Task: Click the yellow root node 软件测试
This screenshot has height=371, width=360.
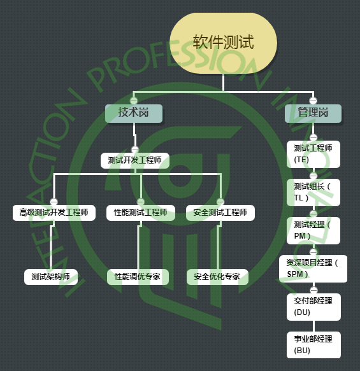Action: (x=224, y=43)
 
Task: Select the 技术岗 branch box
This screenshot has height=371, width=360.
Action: (x=134, y=113)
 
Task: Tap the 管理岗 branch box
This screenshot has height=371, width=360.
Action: (x=313, y=113)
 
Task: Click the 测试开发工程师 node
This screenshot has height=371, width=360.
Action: (x=135, y=160)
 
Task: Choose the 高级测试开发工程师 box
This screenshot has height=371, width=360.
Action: (x=54, y=213)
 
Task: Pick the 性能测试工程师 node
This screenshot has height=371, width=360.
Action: (x=141, y=213)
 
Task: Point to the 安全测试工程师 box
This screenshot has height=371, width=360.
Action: (x=220, y=213)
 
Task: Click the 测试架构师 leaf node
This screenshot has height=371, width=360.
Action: (x=51, y=277)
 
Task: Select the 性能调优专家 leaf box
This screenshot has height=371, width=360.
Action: (x=138, y=277)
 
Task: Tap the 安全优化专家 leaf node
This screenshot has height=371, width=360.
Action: (x=217, y=277)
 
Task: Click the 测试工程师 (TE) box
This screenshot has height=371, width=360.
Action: (x=313, y=154)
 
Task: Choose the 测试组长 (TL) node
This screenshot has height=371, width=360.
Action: (x=313, y=192)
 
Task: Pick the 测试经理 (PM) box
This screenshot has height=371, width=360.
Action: (x=313, y=230)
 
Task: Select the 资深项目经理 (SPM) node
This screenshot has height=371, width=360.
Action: (x=313, y=269)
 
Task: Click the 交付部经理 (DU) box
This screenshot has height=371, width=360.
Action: (x=313, y=307)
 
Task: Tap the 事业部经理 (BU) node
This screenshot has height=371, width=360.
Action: (x=313, y=345)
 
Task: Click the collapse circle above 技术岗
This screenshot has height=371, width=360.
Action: (x=134, y=101)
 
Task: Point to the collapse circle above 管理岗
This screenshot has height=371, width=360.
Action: (x=313, y=101)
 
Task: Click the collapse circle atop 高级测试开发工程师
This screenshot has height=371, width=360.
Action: (x=54, y=201)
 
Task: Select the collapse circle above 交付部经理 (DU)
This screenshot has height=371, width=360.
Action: (x=313, y=290)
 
